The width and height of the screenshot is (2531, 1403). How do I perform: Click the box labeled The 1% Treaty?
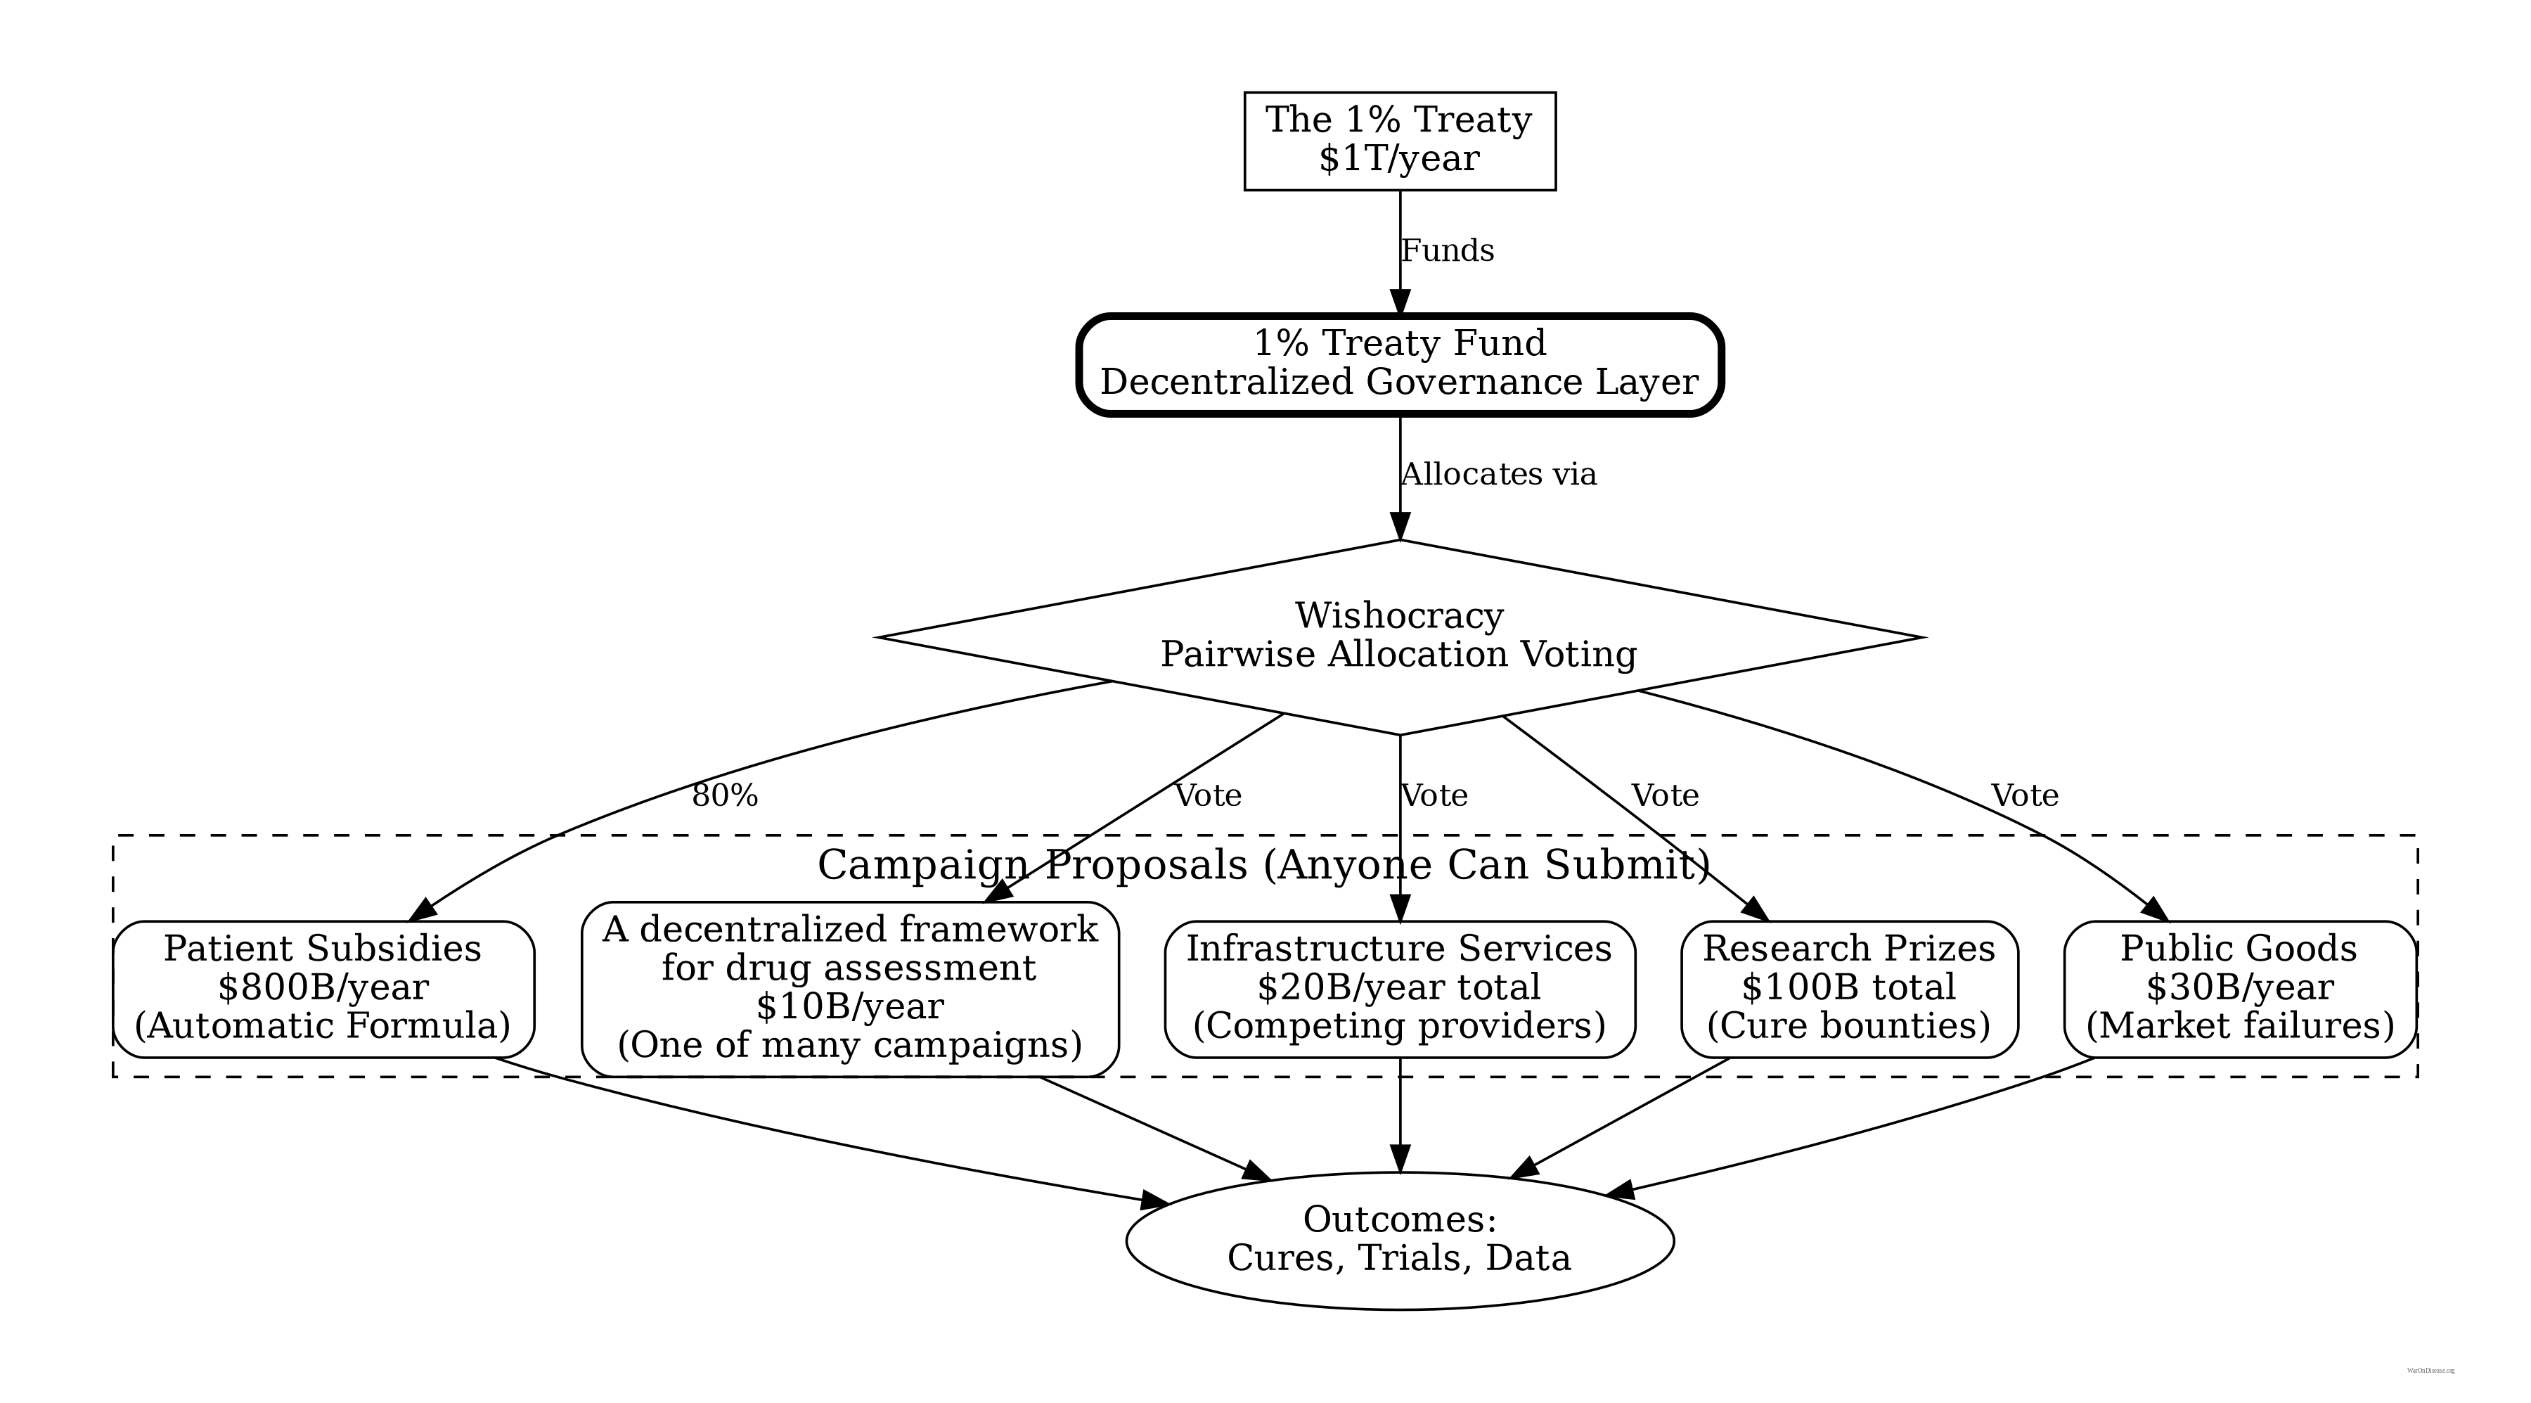(1399, 141)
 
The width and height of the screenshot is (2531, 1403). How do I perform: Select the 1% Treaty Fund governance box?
(1399, 364)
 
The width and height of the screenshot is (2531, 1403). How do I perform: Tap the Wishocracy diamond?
(1399, 636)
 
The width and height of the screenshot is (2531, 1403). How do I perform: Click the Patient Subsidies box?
(323, 988)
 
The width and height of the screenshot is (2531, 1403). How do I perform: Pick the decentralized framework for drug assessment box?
(850, 988)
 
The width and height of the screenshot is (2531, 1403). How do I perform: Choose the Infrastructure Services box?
(1399, 988)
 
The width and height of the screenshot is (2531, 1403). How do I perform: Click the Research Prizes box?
(1849, 988)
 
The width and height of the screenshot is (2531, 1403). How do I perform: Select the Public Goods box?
(2239, 988)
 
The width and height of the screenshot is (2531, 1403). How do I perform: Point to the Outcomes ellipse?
(1399, 1240)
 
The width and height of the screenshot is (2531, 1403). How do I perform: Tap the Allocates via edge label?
(1498, 475)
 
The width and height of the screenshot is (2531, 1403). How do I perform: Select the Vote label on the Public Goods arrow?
(2025, 795)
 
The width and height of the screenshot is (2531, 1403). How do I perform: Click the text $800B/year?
(323, 987)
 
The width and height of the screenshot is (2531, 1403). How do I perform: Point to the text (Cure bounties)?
(1849, 1026)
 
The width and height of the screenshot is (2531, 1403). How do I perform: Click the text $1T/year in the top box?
(1399, 159)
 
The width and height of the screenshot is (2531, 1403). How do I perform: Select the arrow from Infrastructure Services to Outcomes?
(1399, 1115)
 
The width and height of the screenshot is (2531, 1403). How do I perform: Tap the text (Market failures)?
(2240, 1026)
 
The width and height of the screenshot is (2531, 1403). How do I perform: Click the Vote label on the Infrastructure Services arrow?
(1434, 795)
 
